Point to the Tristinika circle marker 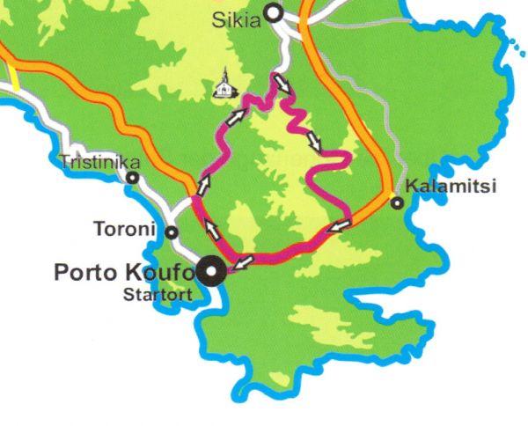(x=132, y=177)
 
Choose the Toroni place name (x=124, y=231)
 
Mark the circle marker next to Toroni (x=172, y=232)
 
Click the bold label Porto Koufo (x=123, y=271)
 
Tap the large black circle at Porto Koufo (x=211, y=271)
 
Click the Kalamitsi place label (x=451, y=186)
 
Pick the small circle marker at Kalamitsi (x=397, y=203)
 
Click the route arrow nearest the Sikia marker (x=283, y=84)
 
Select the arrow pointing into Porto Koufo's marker (x=244, y=261)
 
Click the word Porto (x=83, y=271)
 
